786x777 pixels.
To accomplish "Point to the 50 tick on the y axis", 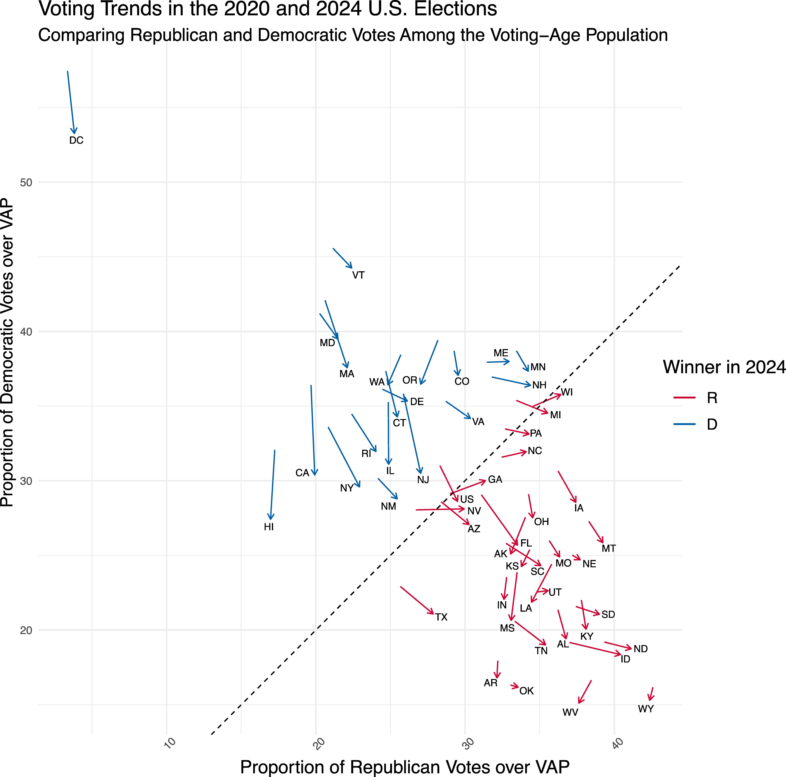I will [26, 182].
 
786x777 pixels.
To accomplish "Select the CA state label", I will [302, 473].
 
